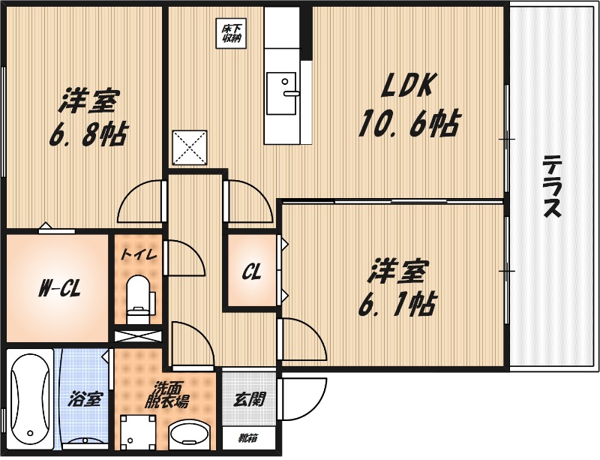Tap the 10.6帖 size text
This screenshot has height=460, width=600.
[409, 124]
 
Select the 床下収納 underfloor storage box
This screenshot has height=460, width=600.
[232, 34]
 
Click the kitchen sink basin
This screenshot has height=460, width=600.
[281, 93]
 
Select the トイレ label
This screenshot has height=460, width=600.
[139, 254]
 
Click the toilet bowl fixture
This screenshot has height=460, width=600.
[138, 299]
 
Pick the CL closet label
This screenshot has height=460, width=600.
[252, 272]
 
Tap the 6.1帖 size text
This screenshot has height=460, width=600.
[397, 305]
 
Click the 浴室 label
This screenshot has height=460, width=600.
[85, 400]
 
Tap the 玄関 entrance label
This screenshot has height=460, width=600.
[250, 400]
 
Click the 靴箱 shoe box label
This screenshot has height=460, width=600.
[249, 437]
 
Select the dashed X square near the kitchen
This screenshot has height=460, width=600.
[190, 149]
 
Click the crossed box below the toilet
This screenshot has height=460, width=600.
[139, 337]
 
